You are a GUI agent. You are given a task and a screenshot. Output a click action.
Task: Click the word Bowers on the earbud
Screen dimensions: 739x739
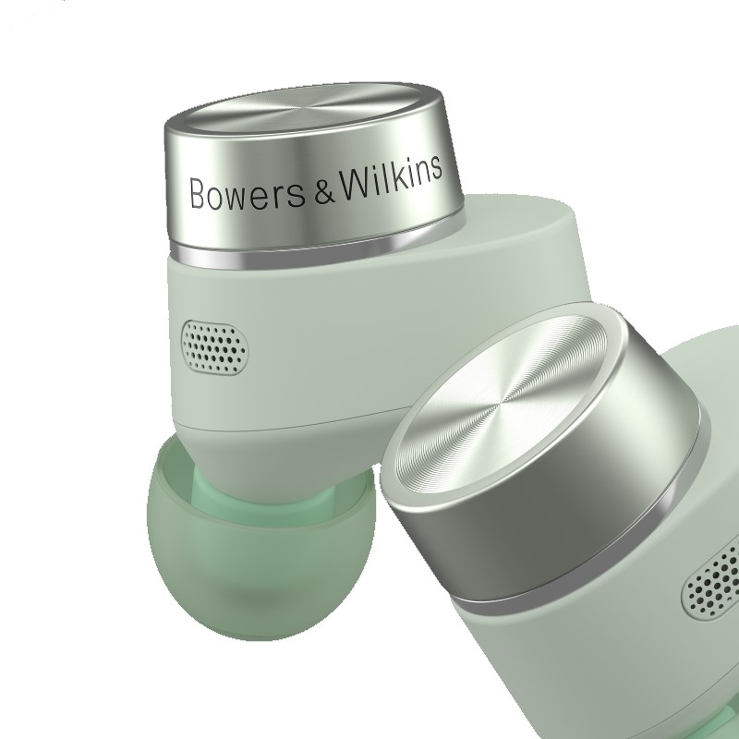pyautogui.click(x=247, y=192)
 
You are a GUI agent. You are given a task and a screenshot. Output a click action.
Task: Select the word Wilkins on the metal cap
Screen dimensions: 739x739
pyautogui.click(x=391, y=176)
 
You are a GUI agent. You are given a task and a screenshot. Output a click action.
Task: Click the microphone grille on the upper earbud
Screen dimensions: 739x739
pyautogui.click(x=215, y=347)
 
